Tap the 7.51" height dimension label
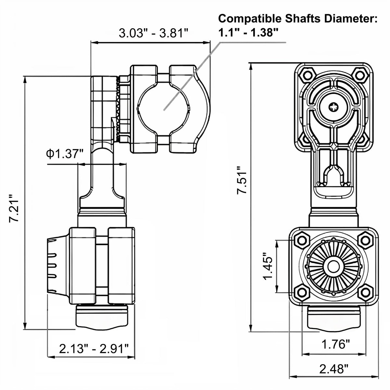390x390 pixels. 242,180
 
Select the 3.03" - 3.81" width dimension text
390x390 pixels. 154,33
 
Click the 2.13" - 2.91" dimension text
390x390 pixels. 94,348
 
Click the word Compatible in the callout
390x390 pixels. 250,19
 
